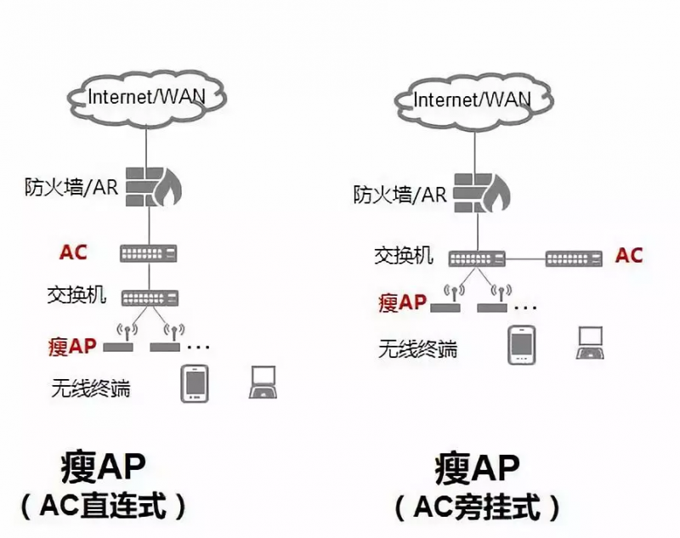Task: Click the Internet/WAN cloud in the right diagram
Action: point(472,99)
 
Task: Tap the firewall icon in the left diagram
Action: point(151,186)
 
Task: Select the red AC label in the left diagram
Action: point(73,252)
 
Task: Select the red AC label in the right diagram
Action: point(629,255)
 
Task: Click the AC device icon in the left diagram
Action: point(150,253)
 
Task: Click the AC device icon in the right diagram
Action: point(575,257)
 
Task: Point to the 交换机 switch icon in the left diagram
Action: point(150,297)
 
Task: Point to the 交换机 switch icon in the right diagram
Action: point(477,257)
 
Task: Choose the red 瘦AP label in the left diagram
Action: point(72,346)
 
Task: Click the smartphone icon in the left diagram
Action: point(195,383)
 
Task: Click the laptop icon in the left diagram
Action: point(263,383)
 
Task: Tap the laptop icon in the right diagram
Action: point(590,343)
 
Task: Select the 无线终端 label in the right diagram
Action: point(417,348)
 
